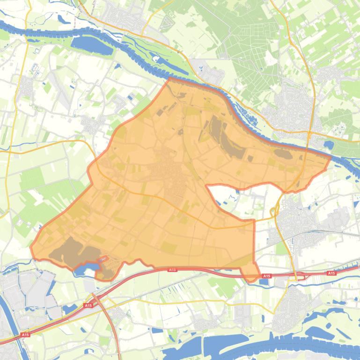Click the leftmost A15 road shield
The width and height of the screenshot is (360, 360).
25,335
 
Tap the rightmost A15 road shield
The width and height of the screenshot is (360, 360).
331,273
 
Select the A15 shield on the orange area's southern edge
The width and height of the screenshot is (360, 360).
172,269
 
